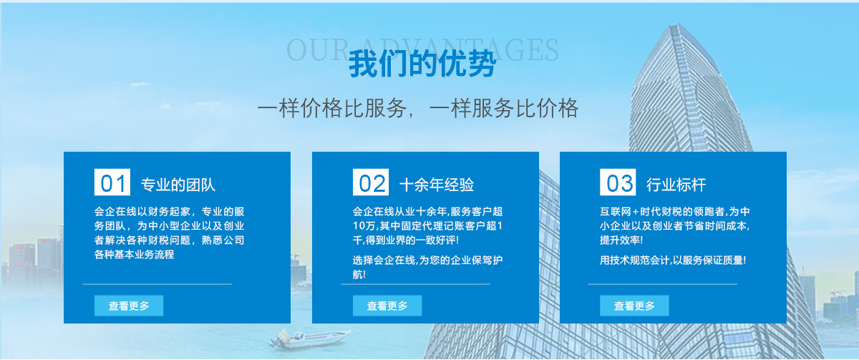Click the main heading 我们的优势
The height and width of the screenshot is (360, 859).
click(x=422, y=63)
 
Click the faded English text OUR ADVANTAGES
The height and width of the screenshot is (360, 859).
click(x=422, y=49)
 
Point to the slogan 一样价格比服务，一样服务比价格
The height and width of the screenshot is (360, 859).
click(x=417, y=108)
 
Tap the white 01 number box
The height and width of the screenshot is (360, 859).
click(x=112, y=182)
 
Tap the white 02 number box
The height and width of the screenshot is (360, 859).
click(x=371, y=182)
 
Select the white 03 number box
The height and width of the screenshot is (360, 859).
click(x=618, y=182)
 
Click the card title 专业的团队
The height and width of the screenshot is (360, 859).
click(x=178, y=185)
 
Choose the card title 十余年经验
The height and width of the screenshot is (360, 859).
click(x=437, y=185)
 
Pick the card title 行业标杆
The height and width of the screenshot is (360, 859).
click(x=676, y=185)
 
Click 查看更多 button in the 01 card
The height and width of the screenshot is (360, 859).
click(x=129, y=306)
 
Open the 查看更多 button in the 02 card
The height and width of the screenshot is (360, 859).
click(x=387, y=306)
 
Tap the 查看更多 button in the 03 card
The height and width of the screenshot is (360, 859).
click(x=634, y=306)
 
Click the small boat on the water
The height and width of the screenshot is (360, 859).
click(x=309, y=339)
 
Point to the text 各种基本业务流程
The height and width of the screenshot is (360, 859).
click(x=135, y=254)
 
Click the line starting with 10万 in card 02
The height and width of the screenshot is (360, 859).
click(x=427, y=226)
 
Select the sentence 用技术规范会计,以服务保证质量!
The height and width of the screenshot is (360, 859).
click(x=673, y=261)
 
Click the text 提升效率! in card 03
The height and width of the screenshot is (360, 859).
click(x=621, y=240)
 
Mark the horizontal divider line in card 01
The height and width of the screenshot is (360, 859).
click(x=157, y=284)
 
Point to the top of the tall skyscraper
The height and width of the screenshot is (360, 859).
click(x=677, y=24)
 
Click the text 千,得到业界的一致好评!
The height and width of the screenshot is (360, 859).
click(x=406, y=240)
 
